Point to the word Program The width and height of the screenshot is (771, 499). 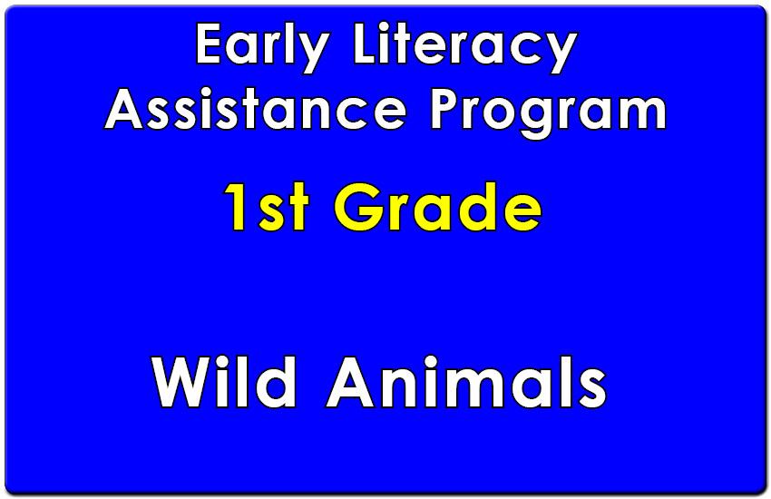point(548,113)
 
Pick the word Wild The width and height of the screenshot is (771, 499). point(224,382)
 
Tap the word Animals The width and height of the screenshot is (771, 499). point(466,382)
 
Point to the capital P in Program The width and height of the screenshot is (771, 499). point(446,109)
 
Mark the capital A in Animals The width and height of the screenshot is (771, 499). point(351,383)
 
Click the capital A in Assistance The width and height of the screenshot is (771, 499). point(123,109)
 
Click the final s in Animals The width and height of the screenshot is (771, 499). point(593,389)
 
